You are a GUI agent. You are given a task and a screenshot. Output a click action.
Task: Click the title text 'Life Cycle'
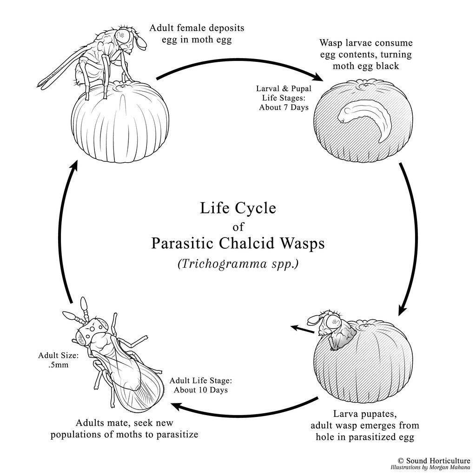(x=238, y=208)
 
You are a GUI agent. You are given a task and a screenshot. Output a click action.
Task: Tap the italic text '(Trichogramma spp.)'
(x=238, y=264)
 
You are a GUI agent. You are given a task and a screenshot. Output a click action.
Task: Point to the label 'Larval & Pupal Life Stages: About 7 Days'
(x=283, y=98)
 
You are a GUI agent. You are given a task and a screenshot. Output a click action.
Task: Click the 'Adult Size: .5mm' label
(x=59, y=360)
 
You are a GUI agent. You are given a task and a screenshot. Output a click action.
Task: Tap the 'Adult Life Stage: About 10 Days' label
(x=201, y=385)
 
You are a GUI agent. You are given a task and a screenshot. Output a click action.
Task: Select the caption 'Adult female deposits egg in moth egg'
(x=197, y=34)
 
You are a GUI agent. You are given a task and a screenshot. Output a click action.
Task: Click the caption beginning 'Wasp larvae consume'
(x=366, y=54)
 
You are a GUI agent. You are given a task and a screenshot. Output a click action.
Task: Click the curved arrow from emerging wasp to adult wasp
(x=242, y=409)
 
